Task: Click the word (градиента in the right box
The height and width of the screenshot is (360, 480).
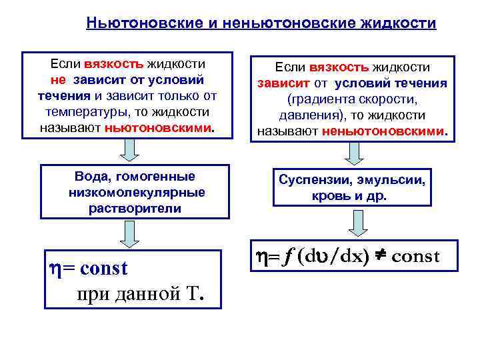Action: pyautogui.click(x=319, y=99)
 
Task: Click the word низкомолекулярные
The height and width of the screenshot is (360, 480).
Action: pyautogui.click(x=137, y=192)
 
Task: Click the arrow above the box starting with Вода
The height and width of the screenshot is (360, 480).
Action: pyautogui.click(x=130, y=149)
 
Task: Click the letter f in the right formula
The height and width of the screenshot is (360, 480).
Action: pyautogui.click(x=289, y=257)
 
